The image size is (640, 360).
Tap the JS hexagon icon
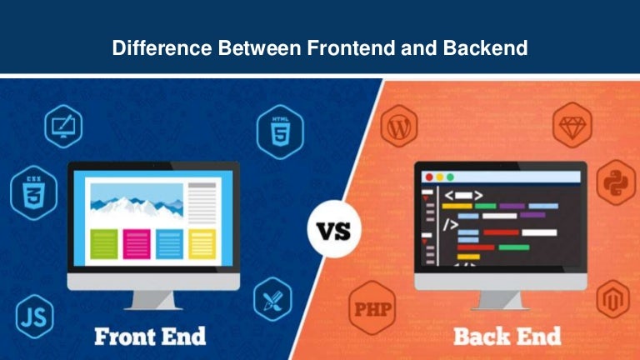(x=34, y=317)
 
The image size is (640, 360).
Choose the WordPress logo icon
(x=397, y=128)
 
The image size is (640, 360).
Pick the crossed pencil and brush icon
(x=272, y=298)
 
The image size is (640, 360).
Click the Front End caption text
(x=149, y=337)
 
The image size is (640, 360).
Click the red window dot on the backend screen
(x=429, y=177)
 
